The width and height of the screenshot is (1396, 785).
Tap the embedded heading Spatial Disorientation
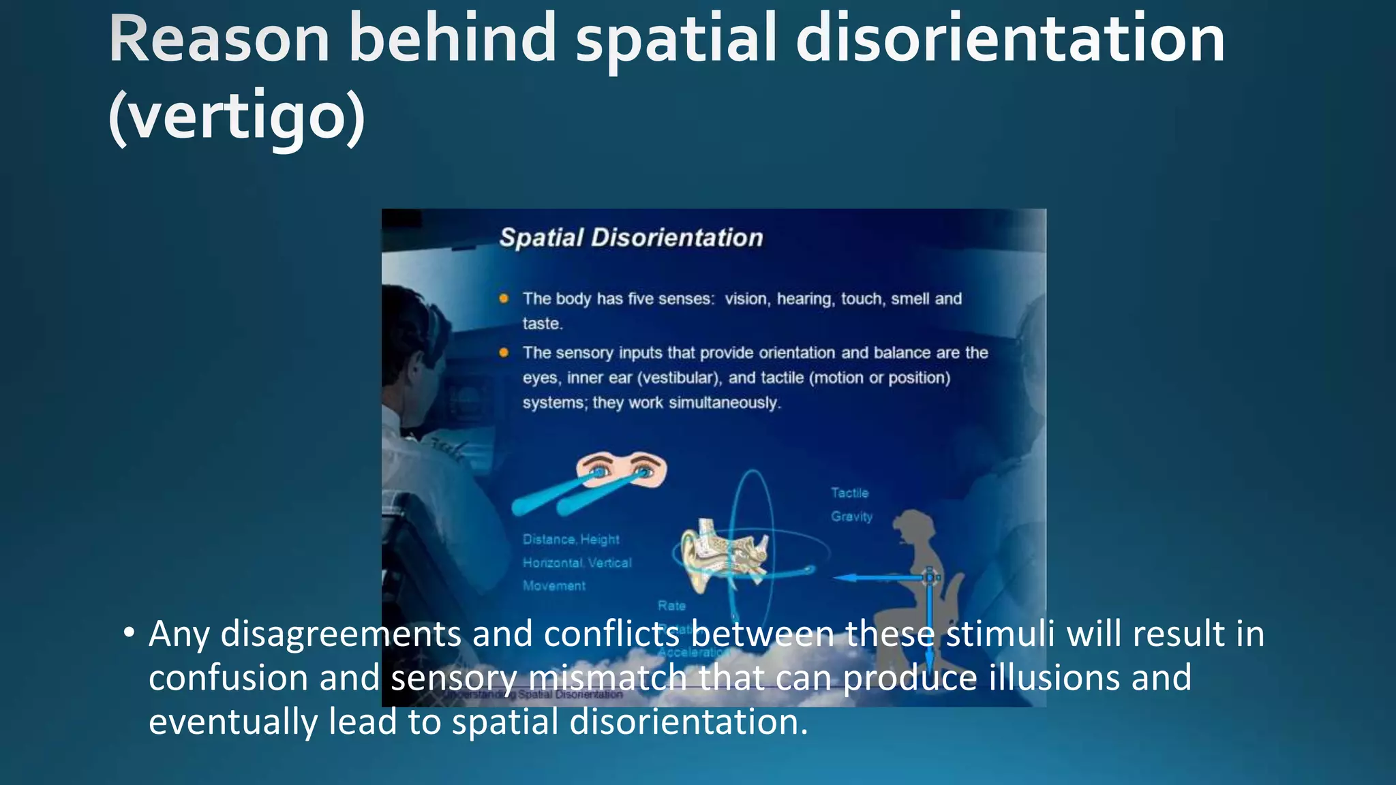pos(631,238)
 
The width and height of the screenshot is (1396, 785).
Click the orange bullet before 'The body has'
pos(504,298)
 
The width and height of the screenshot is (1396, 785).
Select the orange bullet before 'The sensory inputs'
pos(504,352)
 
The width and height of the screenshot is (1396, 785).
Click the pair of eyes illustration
pos(620,471)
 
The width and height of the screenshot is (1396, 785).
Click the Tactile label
pos(849,493)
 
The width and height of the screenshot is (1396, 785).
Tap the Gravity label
pos(851,517)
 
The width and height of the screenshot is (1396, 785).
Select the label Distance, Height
pos(571,539)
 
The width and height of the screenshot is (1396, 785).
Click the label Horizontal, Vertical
pos(577,563)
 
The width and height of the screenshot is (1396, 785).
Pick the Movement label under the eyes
pos(553,586)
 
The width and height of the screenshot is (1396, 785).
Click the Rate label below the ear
pos(671,606)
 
